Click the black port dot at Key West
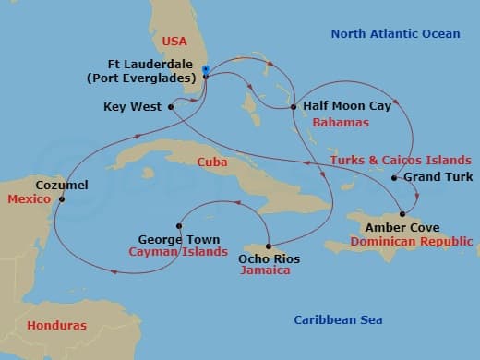tap(172, 107)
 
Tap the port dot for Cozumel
tap(62, 199)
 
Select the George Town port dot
tap(179, 225)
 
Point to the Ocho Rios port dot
tap(269, 246)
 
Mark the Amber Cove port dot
tap(402, 214)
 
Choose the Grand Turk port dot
tap(394, 177)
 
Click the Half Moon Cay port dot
tap(295, 107)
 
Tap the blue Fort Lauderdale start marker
tap(205, 70)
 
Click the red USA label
tap(174, 42)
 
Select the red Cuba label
tap(213, 162)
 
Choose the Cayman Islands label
tap(178, 252)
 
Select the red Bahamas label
tap(341, 122)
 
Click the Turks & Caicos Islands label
tap(401, 160)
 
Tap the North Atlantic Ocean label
tap(395, 34)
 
